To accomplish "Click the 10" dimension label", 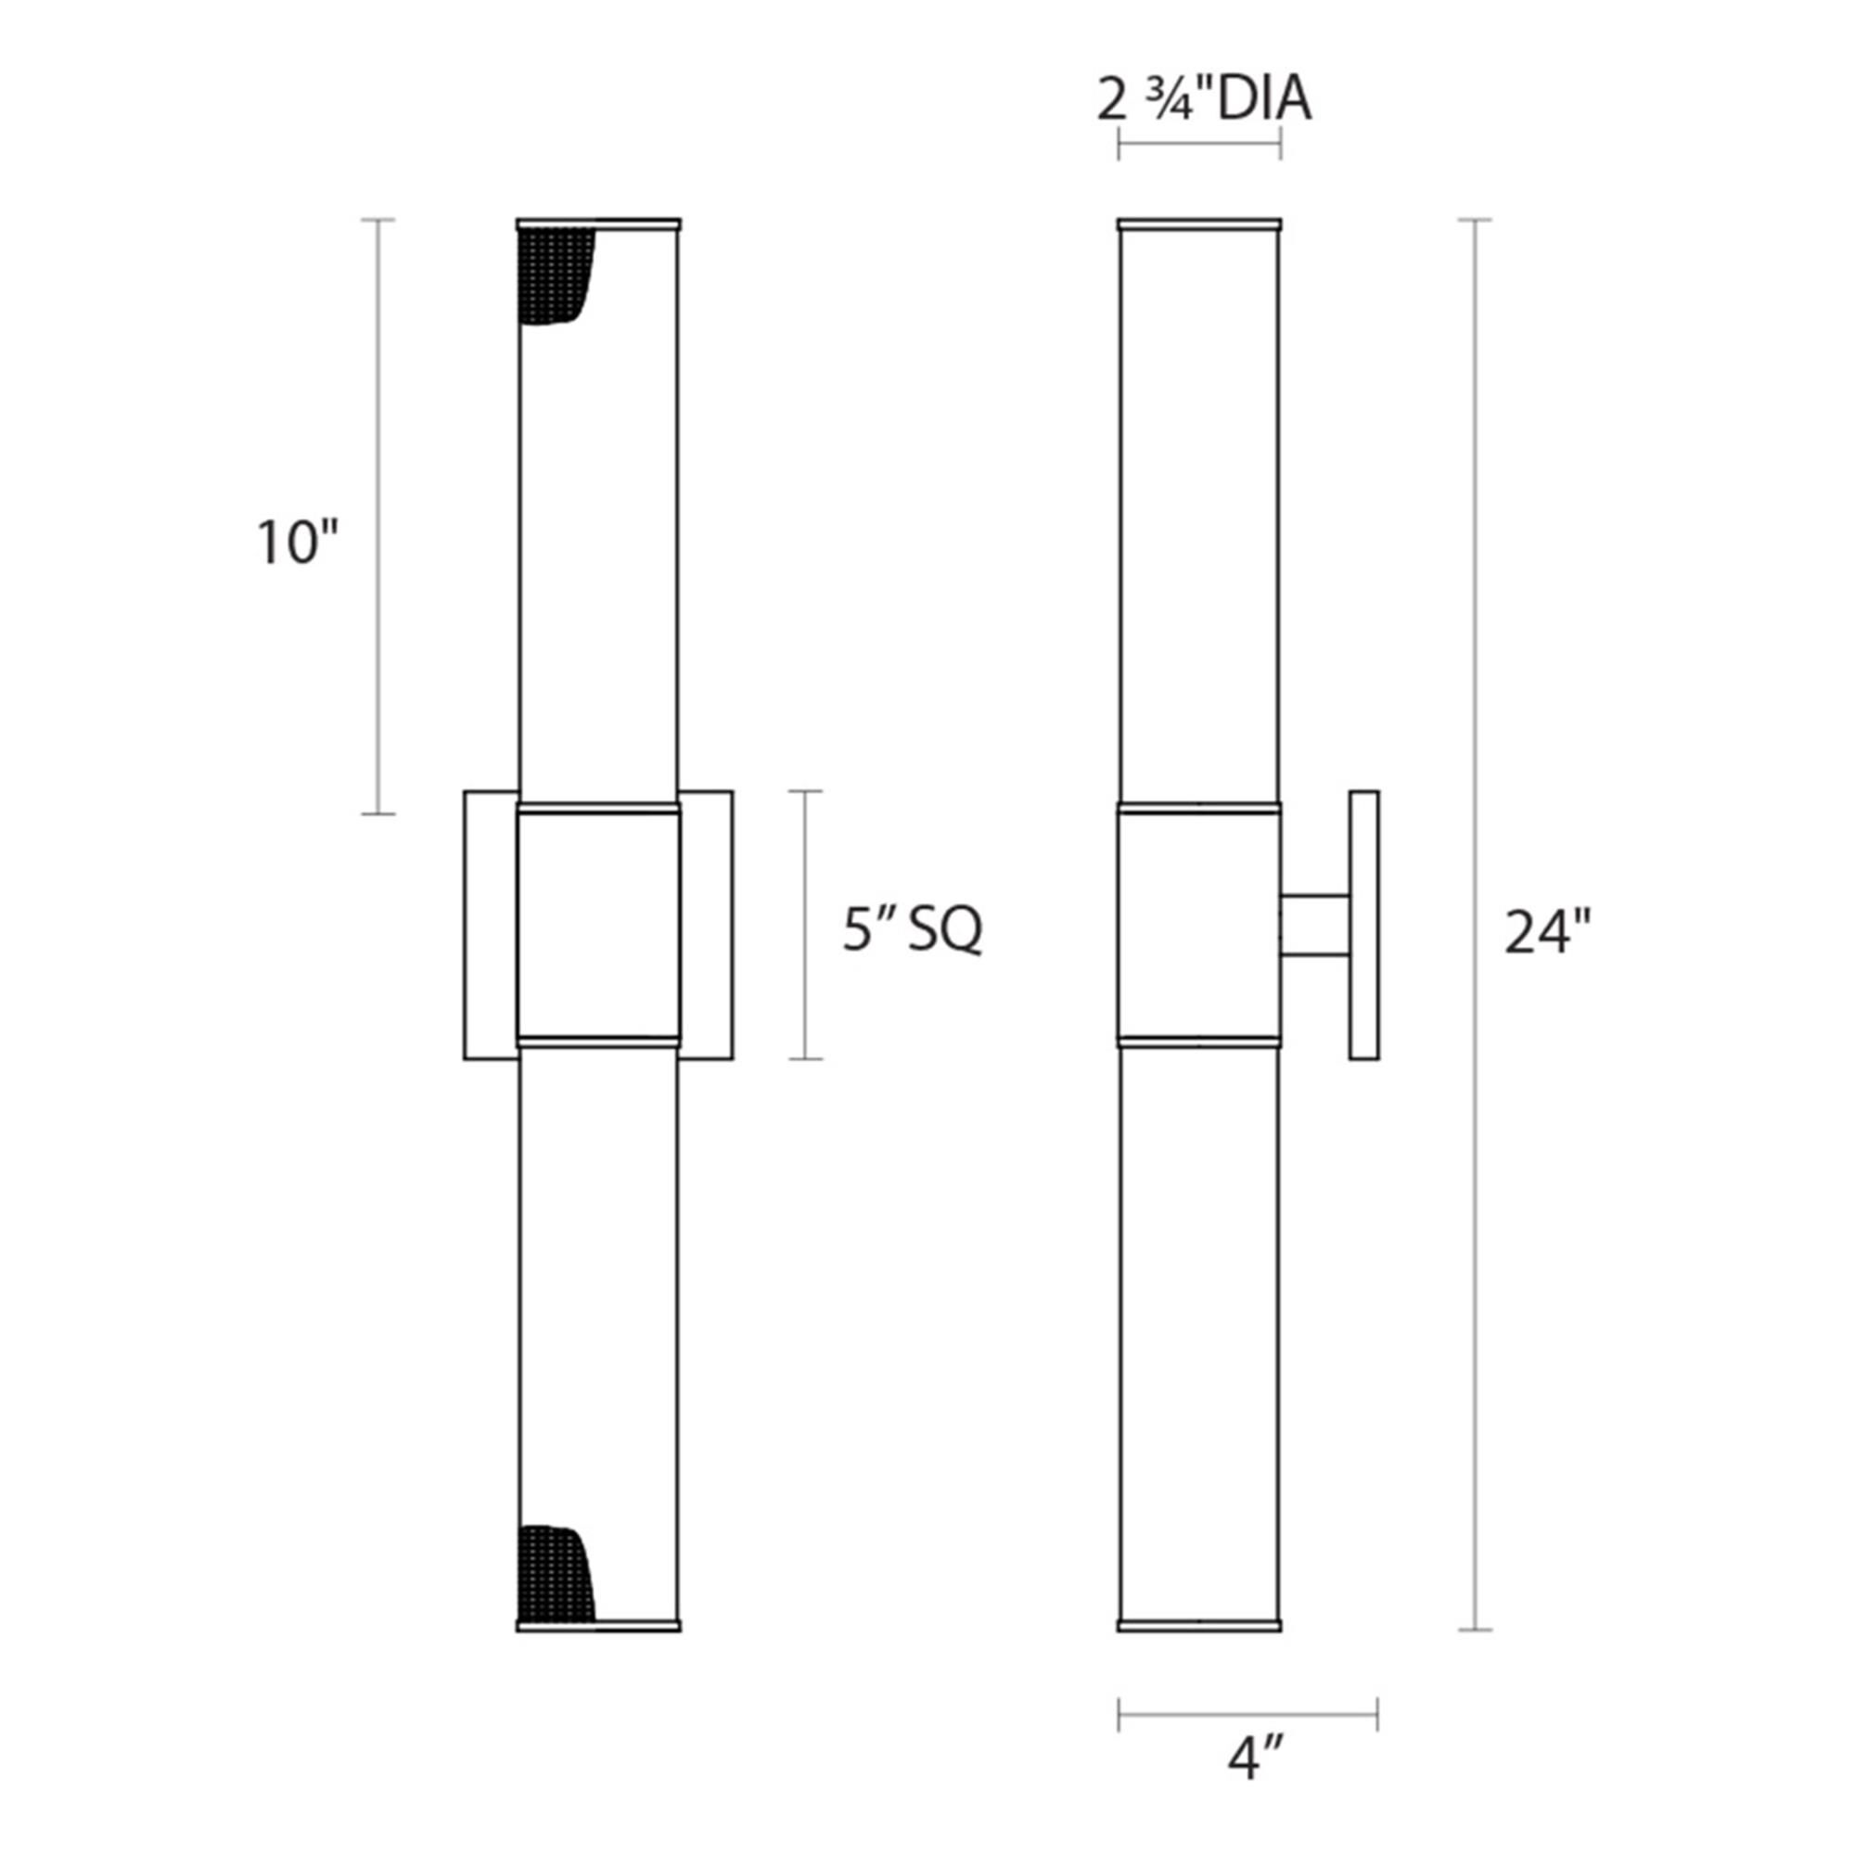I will (x=298, y=544).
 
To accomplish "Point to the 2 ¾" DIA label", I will (x=1204, y=100).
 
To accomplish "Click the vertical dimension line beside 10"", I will (x=378, y=517).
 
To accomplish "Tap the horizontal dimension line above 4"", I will (x=1248, y=1714).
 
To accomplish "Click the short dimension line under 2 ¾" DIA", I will (x=1199, y=144).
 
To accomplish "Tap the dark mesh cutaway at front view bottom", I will (x=552, y=1573).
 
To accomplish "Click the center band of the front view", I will (x=598, y=927).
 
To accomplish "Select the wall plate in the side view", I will (x=1363, y=925).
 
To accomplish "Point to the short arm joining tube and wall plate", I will (x=1314, y=926).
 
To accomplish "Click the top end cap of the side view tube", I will (x=1199, y=224).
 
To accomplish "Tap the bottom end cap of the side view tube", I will (x=1199, y=1626).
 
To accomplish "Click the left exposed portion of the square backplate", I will (x=490, y=925).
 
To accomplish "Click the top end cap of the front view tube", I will (x=598, y=224).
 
